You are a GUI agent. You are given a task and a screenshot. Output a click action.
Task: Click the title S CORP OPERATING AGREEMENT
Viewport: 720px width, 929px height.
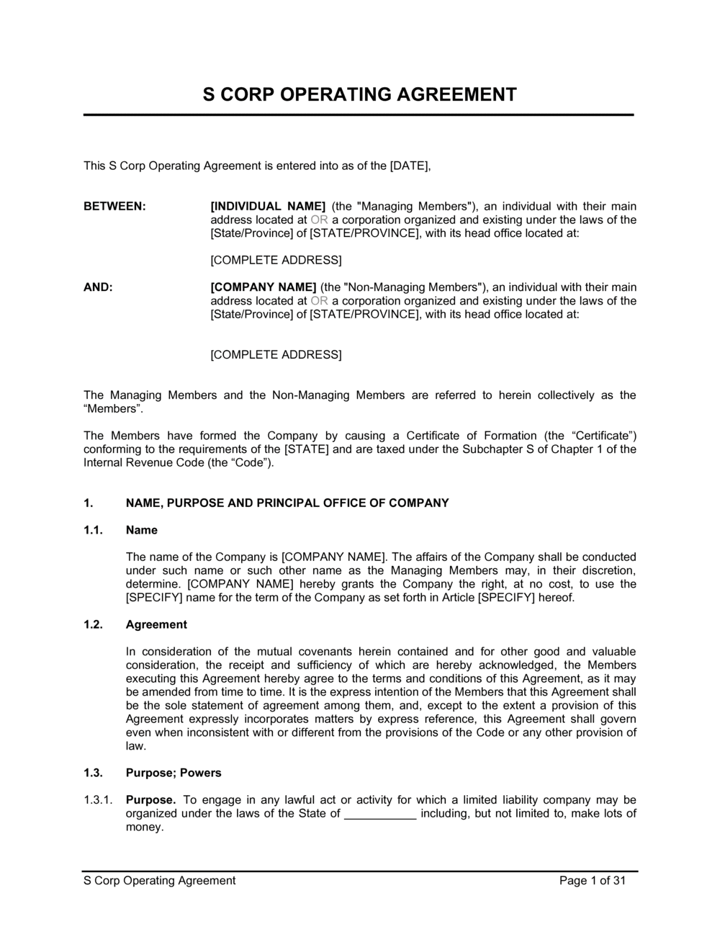359,94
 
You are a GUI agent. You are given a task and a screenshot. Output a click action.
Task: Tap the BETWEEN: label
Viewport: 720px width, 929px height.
114,207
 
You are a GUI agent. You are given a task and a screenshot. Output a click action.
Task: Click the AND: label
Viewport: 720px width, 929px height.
98,287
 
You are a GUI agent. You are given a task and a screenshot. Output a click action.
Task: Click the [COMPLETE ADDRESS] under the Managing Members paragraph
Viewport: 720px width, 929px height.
276,260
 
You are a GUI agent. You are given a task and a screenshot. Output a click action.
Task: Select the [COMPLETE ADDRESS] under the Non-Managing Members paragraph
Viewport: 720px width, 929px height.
276,354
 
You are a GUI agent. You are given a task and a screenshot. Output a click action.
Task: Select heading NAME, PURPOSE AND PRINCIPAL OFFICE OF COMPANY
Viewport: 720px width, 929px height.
287,503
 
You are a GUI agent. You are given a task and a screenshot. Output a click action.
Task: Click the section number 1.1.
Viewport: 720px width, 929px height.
94,530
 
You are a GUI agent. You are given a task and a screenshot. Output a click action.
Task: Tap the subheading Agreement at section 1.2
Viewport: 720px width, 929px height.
156,624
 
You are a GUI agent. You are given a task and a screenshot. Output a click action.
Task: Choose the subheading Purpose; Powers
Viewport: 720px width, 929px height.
174,773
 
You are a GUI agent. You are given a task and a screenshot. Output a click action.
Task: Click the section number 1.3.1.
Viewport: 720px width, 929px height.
98,800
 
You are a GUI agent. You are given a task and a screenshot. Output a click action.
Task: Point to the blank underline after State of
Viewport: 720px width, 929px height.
380,814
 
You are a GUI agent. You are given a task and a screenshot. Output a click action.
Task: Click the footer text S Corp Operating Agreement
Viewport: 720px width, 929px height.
160,880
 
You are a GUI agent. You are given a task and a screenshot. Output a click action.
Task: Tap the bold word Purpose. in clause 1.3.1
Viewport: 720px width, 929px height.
150,800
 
